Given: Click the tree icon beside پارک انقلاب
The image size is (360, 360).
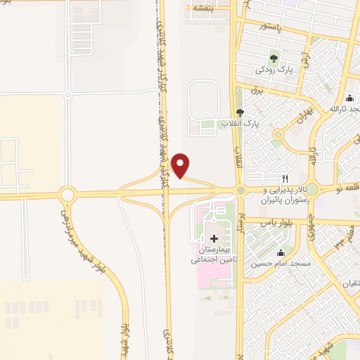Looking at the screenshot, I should pyautogui.click(x=240, y=112).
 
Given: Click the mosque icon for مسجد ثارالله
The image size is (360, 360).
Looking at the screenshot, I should pyautogui.click(x=349, y=98).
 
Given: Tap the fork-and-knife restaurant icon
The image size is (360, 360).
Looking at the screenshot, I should pyautogui.click(x=285, y=179).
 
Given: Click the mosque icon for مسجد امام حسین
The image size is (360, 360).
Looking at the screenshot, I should pyautogui.click(x=281, y=253).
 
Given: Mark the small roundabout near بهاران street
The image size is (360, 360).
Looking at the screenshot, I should pyautogui.click(x=279, y=134).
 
